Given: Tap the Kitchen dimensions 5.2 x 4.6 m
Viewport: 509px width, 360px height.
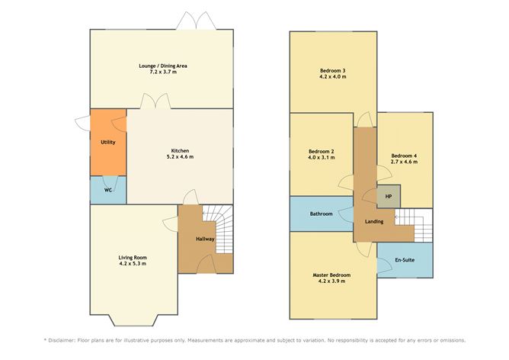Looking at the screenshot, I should tap(181, 157).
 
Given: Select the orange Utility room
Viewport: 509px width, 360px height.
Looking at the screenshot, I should tap(107, 143).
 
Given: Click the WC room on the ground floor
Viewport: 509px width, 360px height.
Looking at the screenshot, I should tap(108, 190).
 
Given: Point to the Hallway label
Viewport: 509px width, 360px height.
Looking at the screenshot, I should tap(205, 239).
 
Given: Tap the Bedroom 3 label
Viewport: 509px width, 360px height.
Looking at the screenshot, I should tap(332, 71).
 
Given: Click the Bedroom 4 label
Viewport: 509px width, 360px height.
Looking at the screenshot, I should tap(405, 155).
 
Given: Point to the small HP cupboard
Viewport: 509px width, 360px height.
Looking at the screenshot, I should tap(389, 196).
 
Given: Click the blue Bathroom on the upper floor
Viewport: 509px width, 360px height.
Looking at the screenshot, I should tap(321, 214).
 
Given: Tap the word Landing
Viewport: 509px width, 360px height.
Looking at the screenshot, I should tap(374, 222).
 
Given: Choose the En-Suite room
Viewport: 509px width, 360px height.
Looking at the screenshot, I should tap(405, 261).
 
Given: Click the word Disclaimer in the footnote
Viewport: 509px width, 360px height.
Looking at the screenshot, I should tap(66, 339).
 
